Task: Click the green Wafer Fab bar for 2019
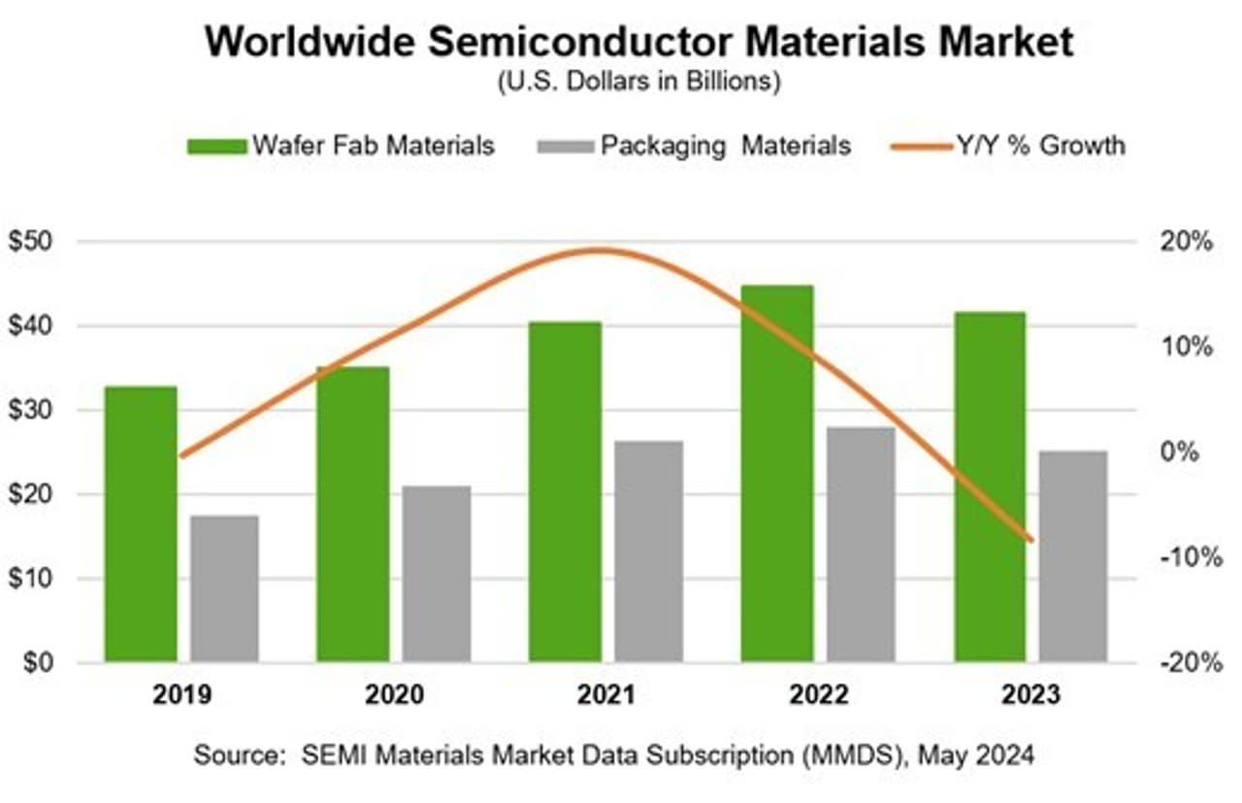(x=142, y=524)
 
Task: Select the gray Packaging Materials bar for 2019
(x=225, y=588)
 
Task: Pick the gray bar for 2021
(x=649, y=552)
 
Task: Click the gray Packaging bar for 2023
(x=1073, y=556)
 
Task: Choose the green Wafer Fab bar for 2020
(x=353, y=515)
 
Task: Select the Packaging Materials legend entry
(x=693, y=146)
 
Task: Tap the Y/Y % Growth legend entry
(x=1009, y=146)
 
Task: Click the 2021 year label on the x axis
(x=606, y=696)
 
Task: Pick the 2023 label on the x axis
(x=1030, y=696)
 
